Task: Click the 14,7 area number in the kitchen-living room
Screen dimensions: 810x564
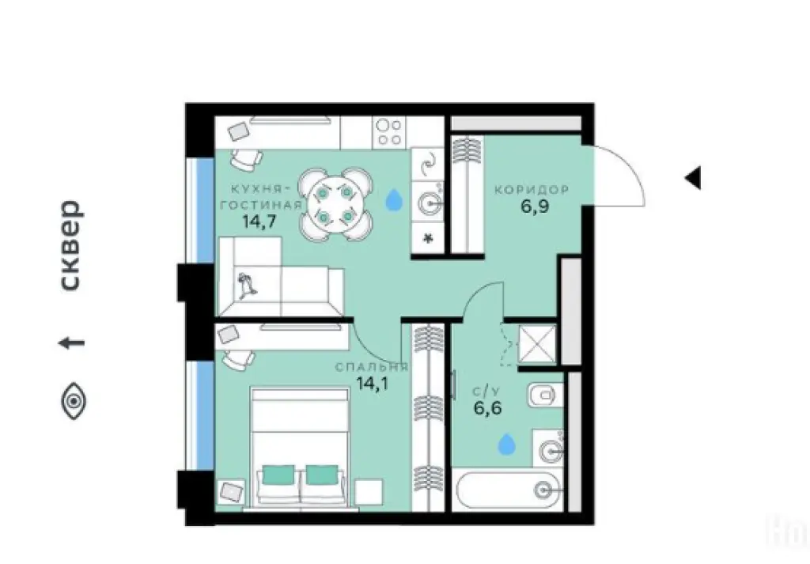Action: pyautogui.click(x=259, y=221)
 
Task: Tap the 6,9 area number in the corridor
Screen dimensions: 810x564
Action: pyautogui.click(x=535, y=206)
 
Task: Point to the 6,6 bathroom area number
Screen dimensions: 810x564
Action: pyautogui.click(x=487, y=408)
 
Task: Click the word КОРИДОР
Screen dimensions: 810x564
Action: pyautogui.click(x=532, y=190)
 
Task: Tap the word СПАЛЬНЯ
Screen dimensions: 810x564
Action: pyautogui.click(x=372, y=367)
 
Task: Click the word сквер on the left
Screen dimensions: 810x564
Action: pyautogui.click(x=71, y=245)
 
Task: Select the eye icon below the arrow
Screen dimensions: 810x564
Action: pyautogui.click(x=74, y=401)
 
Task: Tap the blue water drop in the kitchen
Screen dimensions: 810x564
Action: pyautogui.click(x=394, y=199)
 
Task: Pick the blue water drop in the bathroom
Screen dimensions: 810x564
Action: pyautogui.click(x=507, y=445)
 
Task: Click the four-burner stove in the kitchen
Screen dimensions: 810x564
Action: pyautogui.click(x=389, y=132)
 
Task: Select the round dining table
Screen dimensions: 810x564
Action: pyautogui.click(x=335, y=204)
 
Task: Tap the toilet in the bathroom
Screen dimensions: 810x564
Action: pyautogui.click(x=545, y=396)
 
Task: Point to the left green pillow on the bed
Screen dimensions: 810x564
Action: pyautogui.click(x=278, y=475)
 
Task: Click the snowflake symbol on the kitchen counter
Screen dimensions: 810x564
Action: pyautogui.click(x=428, y=239)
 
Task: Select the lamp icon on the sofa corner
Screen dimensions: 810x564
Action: pyautogui.click(x=247, y=285)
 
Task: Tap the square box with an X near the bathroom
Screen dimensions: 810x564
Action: pyautogui.click(x=537, y=343)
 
